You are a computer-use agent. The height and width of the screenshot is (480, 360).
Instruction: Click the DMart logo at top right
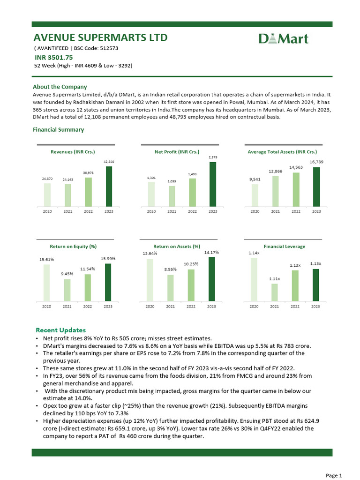(284, 38)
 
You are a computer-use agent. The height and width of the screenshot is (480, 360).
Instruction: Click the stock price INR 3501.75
(53, 58)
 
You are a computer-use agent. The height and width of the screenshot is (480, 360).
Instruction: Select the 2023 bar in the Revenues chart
(109, 186)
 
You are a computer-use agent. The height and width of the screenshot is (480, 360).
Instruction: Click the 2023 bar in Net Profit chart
(213, 184)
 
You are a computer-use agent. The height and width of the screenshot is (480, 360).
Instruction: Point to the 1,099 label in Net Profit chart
(172, 181)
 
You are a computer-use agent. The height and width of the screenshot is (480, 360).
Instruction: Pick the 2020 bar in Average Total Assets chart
(255, 195)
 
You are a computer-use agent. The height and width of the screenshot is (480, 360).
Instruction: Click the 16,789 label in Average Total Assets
(316, 162)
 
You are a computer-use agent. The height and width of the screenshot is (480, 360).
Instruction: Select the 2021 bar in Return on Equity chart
(67, 290)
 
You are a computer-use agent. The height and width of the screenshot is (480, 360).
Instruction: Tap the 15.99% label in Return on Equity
(108, 258)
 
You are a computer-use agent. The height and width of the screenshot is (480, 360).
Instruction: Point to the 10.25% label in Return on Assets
(191, 264)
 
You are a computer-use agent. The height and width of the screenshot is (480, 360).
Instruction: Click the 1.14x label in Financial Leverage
(254, 253)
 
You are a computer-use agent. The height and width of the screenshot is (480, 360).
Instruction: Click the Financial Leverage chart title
(284, 246)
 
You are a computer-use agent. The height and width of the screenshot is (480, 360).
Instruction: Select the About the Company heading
(60, 87)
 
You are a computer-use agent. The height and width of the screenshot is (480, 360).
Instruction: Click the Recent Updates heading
(60, 330)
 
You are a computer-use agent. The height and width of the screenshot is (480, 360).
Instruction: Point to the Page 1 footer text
(334, 475)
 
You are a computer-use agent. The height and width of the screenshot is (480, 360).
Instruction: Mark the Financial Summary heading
(58, 130)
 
